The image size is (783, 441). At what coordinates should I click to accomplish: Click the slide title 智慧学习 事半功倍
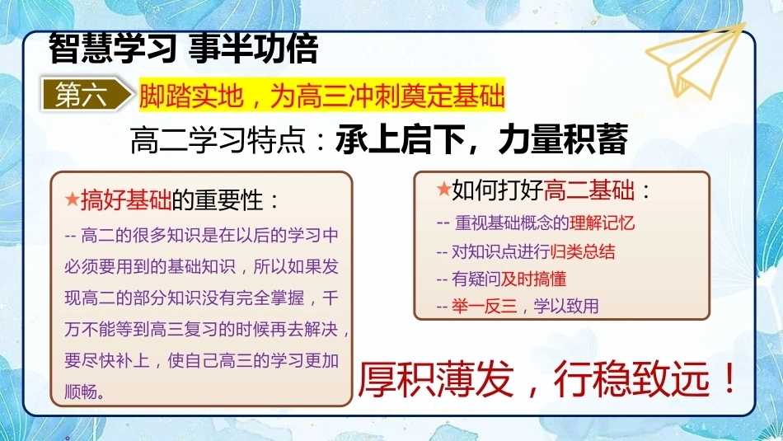pyautogui.click(x=183, y=49)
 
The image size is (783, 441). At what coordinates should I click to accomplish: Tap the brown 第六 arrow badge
pyautogui.click(x=87, y=95)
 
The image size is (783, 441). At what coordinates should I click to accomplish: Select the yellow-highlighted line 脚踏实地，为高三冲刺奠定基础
pyautogui.click(x=322, y=96)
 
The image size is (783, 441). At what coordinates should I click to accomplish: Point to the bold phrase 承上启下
pyautogui.click(x=401, y=139)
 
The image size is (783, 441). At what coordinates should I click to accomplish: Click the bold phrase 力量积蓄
pyautogui.click(x=563, y=139)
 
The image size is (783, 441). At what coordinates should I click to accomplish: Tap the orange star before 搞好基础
pyautogui.click(x=72, y=199)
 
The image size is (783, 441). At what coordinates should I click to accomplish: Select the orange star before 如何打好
pyautogui.click(x=443, y=189)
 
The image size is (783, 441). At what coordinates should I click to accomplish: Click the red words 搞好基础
pyautogui.click(x=126, y=200)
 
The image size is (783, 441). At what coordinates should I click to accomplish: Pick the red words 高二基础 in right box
pyautogui.click(x=588, y=190)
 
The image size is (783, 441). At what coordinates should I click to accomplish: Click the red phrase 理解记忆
pyautogui.click(x=602, y=223)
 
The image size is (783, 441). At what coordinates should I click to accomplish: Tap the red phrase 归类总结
pyautogui.click(x=582, y=251)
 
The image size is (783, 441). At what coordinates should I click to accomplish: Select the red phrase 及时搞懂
pyautogui.click(x=533, y=279)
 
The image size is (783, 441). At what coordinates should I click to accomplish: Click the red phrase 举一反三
pyautogui.click(x=485, y=306)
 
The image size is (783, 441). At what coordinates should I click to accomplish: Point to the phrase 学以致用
pyautogui.click(x=566, y=306)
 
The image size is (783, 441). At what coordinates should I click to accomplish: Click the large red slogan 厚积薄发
pyautogui.click(x=435, y=379)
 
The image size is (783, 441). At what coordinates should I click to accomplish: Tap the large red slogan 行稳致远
pyautogui.click(x=631, y=379)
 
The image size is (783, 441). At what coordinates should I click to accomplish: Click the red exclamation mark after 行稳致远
pyautogui.click(x=729, y=378)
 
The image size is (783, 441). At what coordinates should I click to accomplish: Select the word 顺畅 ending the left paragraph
pyautogui.click(x=82, y=391)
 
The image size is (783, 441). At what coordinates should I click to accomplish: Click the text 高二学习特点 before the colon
pyautogui.click(x=218, y=140)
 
